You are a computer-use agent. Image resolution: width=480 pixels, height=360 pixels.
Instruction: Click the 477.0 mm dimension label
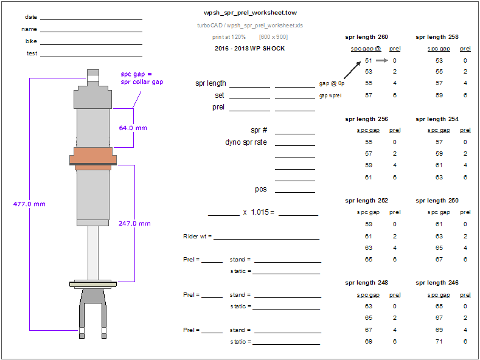click(29, 204)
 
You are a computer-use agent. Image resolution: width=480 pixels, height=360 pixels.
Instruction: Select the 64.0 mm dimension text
click(133, 128)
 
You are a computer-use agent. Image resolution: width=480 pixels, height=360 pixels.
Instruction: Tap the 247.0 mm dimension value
click(134, 224)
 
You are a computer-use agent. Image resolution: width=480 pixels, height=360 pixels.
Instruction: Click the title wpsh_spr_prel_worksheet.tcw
click(250, 12)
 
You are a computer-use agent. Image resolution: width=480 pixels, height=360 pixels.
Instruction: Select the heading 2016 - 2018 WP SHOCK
click(249, 49)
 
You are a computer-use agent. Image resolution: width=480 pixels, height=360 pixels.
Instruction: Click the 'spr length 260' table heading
click(366, 37)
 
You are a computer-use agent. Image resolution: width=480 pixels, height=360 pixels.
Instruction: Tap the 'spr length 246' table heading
click(437, 283)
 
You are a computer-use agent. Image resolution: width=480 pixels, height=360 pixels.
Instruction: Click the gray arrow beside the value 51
click(382, 60)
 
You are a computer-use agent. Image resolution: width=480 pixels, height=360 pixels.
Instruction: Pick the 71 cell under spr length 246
click(439, 342)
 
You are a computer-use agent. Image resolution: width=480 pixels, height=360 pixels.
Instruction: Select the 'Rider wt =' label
click(197, 236)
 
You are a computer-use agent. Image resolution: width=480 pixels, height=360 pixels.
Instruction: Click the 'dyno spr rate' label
click(246, 143)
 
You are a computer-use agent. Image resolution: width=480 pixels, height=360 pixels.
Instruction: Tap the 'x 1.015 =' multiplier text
click(258, 212)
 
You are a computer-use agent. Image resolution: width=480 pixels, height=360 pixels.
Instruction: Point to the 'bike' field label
click(32, 41)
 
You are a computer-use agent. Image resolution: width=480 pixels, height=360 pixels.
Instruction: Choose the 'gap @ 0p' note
click(332, 83)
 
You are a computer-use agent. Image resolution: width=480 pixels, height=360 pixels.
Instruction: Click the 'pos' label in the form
click(261, 190)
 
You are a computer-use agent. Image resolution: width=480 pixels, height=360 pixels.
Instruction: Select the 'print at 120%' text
click(229, 37)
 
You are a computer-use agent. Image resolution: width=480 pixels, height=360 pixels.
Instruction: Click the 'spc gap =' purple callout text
click(136, 74)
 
